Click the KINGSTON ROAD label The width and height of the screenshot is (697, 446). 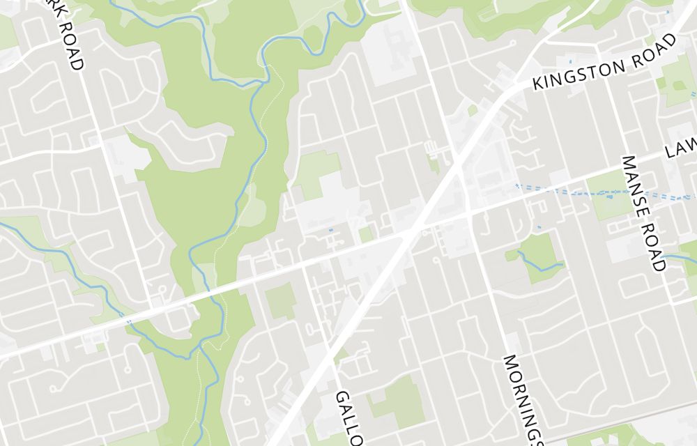604,63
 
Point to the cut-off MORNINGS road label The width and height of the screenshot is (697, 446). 521,401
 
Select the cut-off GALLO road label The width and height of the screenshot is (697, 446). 349,418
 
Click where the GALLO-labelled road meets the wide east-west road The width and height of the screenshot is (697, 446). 305,266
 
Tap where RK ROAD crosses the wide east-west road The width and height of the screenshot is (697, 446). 148,307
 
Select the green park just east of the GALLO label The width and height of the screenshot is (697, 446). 397,401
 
